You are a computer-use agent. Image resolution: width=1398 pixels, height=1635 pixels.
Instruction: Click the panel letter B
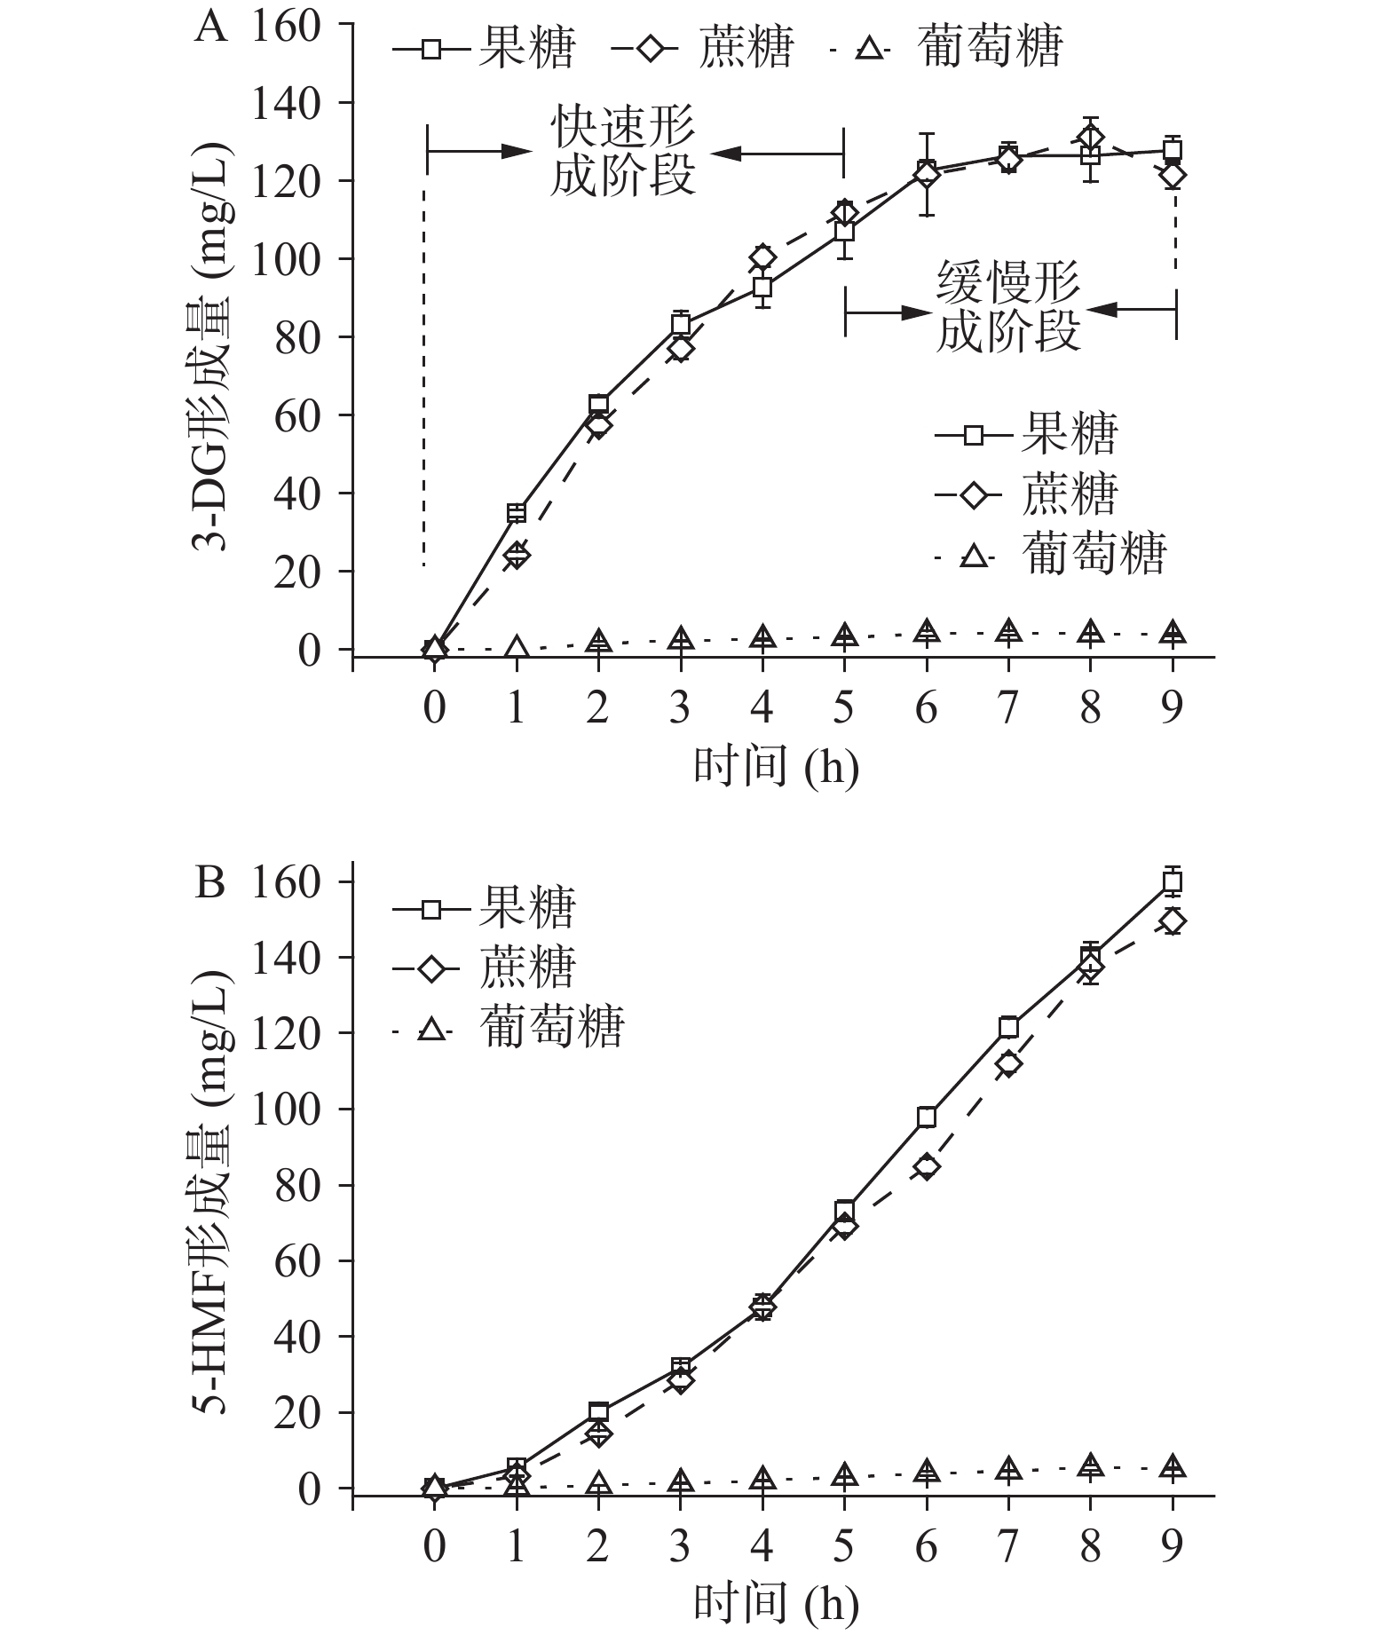[209, 884]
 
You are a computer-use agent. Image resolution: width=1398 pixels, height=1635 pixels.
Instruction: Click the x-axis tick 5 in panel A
[844, 708]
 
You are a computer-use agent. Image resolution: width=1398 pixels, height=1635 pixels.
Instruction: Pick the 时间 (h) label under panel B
[777, 1603]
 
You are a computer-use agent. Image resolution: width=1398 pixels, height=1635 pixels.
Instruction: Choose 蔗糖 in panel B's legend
[529, 968]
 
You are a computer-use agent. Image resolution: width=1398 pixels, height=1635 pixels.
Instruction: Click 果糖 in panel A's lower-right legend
[1070, 434]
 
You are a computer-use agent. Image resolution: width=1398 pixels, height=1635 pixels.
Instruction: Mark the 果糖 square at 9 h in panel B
[1173, 881]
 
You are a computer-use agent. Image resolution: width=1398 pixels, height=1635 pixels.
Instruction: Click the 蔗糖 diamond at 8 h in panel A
[1091, 138]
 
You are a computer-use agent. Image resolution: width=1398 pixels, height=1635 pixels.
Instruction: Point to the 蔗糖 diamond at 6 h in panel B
[927, 1166]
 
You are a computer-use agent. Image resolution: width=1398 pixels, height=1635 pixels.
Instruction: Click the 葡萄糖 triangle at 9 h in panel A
[1173, 634]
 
